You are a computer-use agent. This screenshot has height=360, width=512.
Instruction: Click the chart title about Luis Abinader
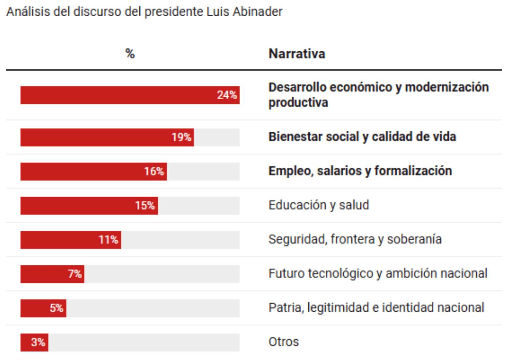pos(144,12)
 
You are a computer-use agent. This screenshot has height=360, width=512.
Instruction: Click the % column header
pos(130,53)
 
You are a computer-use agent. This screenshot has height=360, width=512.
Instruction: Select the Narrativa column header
pos(297,54)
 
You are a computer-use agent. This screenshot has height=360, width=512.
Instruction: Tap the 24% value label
pos(227,95)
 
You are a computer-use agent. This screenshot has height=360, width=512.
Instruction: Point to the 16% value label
pos(154,171)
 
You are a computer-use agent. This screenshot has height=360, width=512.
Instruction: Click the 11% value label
pos(108,240)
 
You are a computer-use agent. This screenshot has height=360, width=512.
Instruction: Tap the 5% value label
pos(56,308)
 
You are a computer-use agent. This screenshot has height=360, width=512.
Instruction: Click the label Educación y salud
pos(319,205)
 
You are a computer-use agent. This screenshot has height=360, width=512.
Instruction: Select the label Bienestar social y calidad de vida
pos(362,137)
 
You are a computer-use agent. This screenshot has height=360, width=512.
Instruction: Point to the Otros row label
pos(284,342)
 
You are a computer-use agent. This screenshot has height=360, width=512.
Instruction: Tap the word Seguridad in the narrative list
pos(297,239)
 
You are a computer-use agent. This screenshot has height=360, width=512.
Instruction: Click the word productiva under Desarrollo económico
pos(298,102)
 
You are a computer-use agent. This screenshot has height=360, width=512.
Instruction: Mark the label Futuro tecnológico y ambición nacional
pos(378,273)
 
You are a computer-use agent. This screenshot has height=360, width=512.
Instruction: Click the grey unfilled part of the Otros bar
pos(144,342)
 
